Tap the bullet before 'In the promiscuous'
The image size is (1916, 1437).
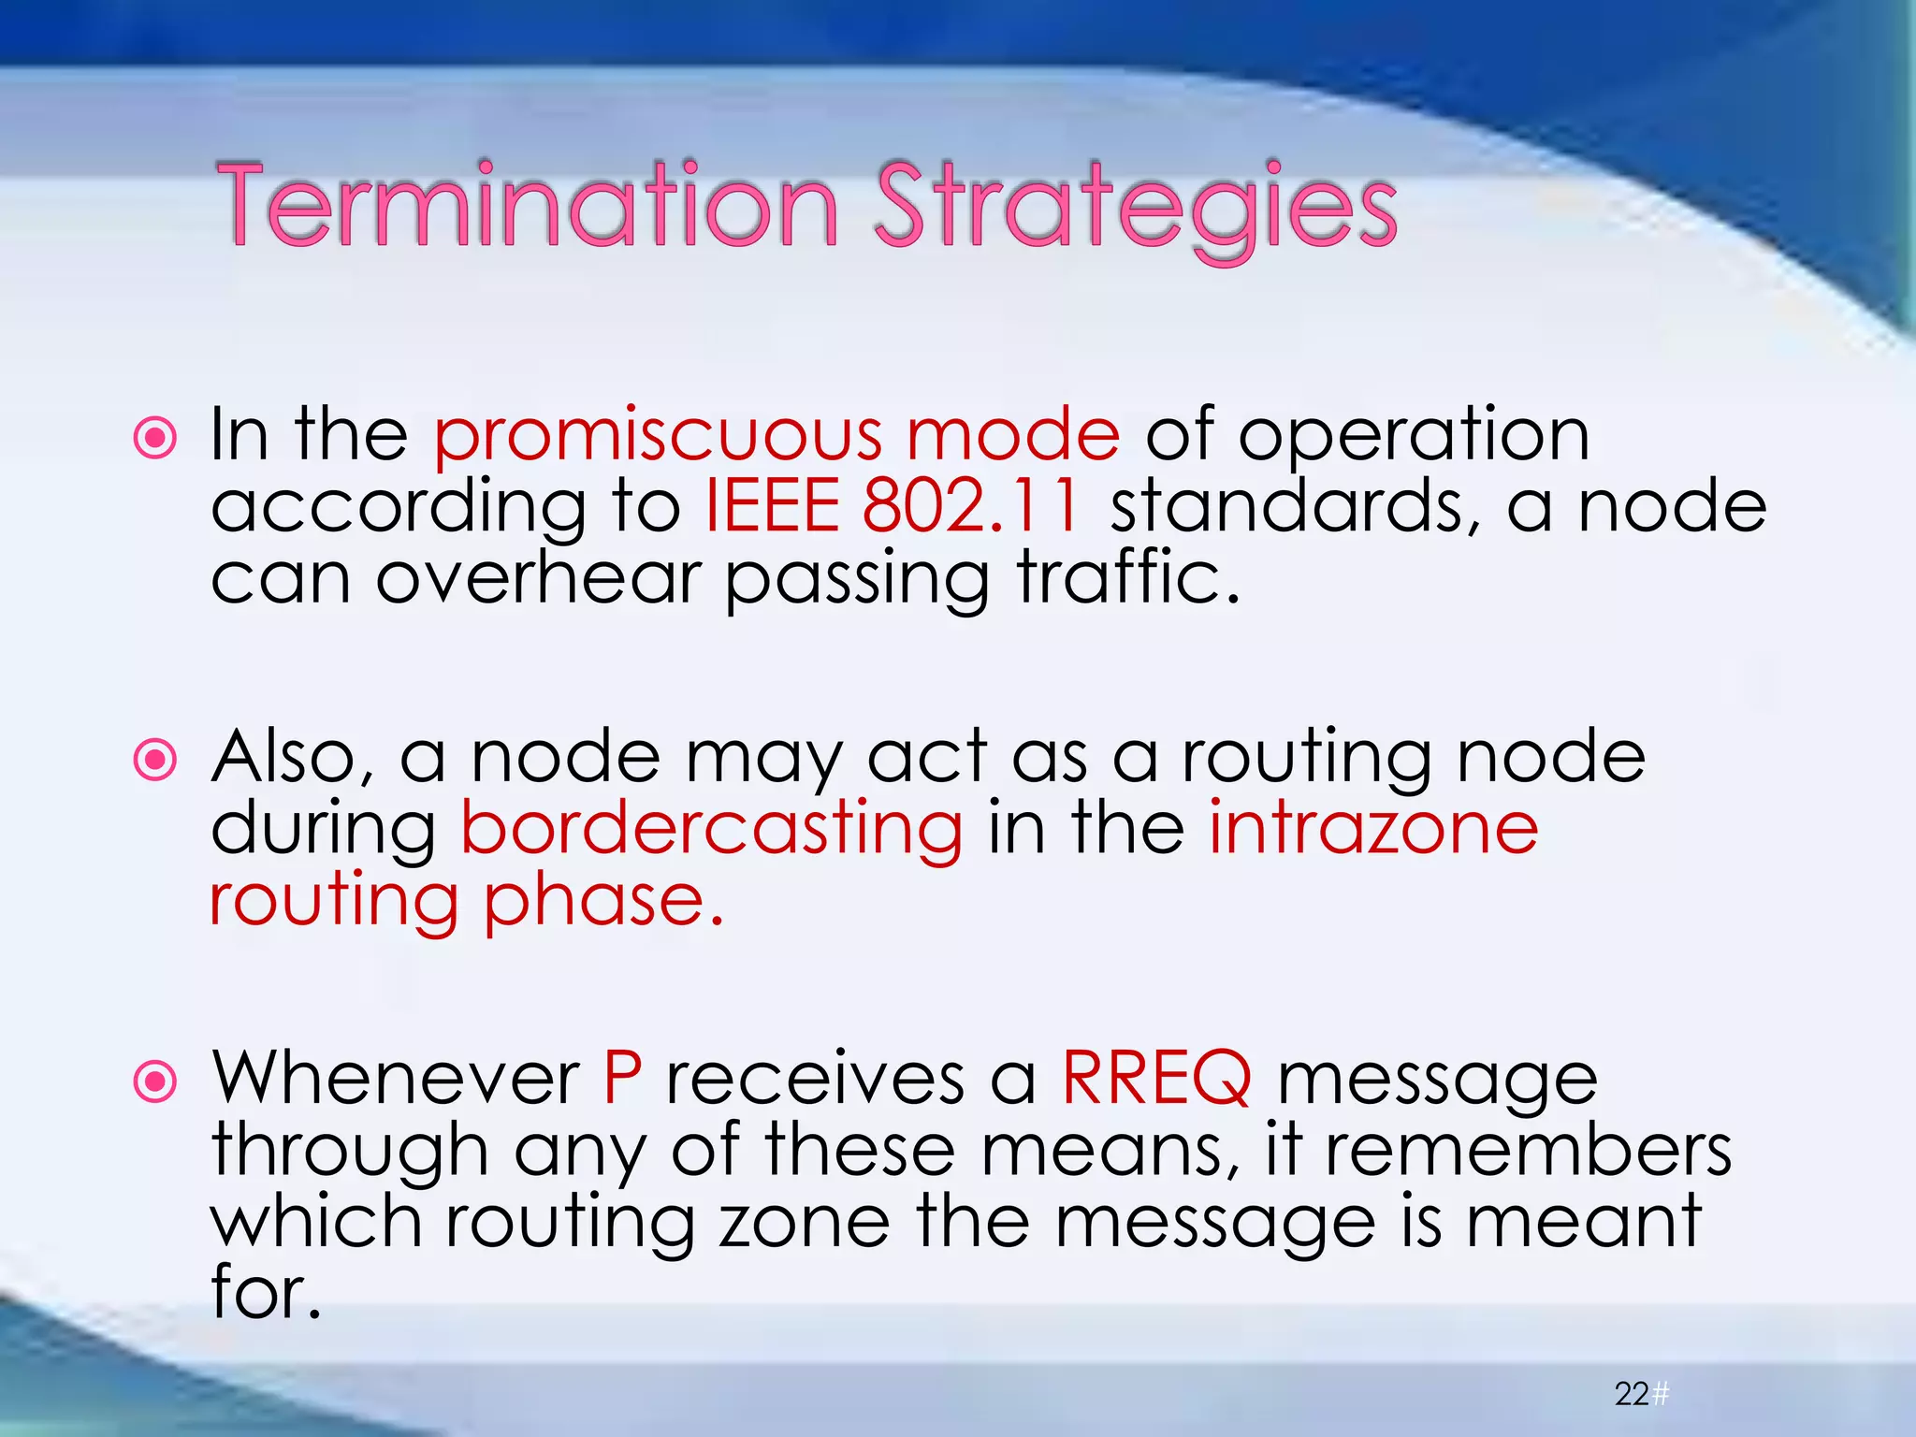[155, 438]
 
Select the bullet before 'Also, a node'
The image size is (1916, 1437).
[155, 760]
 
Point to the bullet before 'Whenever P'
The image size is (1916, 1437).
[155, 1082]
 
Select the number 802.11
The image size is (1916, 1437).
[972, 506]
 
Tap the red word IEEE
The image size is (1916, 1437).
[771, 506]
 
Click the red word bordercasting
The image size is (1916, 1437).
[711, 830]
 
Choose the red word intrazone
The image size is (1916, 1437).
[1372, 828]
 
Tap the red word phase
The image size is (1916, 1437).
[604, 902]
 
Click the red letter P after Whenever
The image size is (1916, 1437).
[622, 1079]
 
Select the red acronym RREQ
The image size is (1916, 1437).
[1156, 1079]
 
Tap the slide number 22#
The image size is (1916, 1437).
[1641, 1394]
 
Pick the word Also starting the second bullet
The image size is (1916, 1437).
[292, 758]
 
